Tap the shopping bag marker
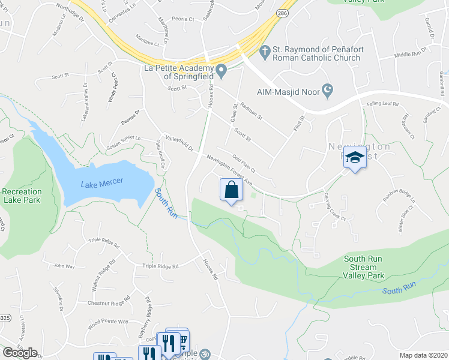tap(231, 190)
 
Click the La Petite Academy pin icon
tap(221, 72)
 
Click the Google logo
tap(20, 353)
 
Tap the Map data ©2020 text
tap(424, 355)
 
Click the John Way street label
tap(64, 265)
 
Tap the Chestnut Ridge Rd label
tap(109, 302)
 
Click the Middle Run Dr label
tap(410, 54)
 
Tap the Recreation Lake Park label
tap(22, 196)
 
